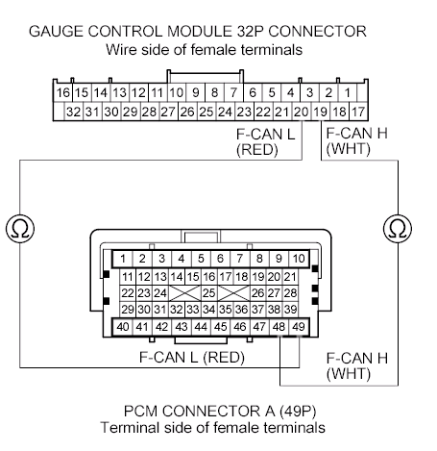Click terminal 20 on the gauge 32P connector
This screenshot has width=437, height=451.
[302, 112]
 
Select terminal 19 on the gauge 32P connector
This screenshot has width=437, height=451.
[321, 112]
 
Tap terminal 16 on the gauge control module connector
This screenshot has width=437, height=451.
[62, 93]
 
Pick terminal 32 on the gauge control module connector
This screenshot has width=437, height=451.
[74, 112]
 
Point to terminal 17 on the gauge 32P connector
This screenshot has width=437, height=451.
[358, 112]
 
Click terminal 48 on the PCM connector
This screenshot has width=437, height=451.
[279, 327]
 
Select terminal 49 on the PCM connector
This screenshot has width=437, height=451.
[299, 327]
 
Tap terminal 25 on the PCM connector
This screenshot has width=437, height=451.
[209, 293]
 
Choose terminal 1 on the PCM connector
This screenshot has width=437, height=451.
[123, 259]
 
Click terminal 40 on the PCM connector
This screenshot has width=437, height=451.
[123, 327]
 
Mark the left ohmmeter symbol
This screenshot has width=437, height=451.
[20, 229]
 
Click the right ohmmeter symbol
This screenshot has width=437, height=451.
[398, 229]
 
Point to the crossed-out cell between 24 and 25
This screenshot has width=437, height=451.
[184, 293]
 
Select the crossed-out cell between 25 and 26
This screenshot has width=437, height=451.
[233, 293]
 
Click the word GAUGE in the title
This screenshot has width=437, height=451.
[57, 32]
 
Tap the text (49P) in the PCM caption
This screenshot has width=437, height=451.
[298, 412]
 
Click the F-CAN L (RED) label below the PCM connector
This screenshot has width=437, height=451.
[192, 357]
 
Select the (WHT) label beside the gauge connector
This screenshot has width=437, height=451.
[349, 149]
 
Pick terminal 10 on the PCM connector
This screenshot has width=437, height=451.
[299, 259]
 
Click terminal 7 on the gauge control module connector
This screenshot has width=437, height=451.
[233, 93]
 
